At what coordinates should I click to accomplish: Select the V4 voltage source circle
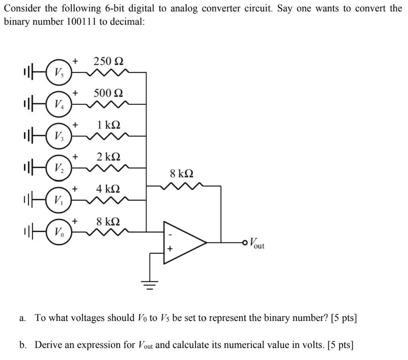tap(58, 105)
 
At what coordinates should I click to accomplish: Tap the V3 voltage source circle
tap(58, 137)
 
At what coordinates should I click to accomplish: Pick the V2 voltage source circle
tap(58, 168)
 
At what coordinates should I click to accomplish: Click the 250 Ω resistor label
tap(108, 61)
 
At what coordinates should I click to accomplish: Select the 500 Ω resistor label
tap(108, 93)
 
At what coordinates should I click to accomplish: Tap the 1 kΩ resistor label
tap(109, 125)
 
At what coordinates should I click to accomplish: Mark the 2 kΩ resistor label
tap(109, 156)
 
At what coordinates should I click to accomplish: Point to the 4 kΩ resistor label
tap(109, 188)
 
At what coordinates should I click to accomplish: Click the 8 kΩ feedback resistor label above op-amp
tap(182, 173)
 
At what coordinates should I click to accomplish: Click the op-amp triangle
tap(181, 242)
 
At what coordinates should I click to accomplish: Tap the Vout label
tap(257, 242)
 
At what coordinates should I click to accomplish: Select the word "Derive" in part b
tap(48, 344)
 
